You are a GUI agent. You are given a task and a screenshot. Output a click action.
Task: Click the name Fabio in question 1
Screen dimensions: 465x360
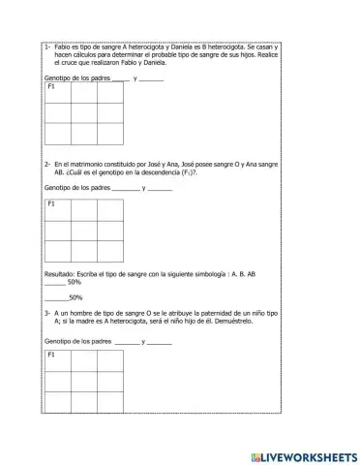[x=61, y=46]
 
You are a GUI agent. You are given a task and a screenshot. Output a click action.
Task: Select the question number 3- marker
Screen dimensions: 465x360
[x=47, y=314]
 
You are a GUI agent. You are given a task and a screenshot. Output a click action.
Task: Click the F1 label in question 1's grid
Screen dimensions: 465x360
[x=51, y=87]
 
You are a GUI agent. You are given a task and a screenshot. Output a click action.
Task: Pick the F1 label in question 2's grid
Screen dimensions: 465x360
[x=51, y=204]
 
